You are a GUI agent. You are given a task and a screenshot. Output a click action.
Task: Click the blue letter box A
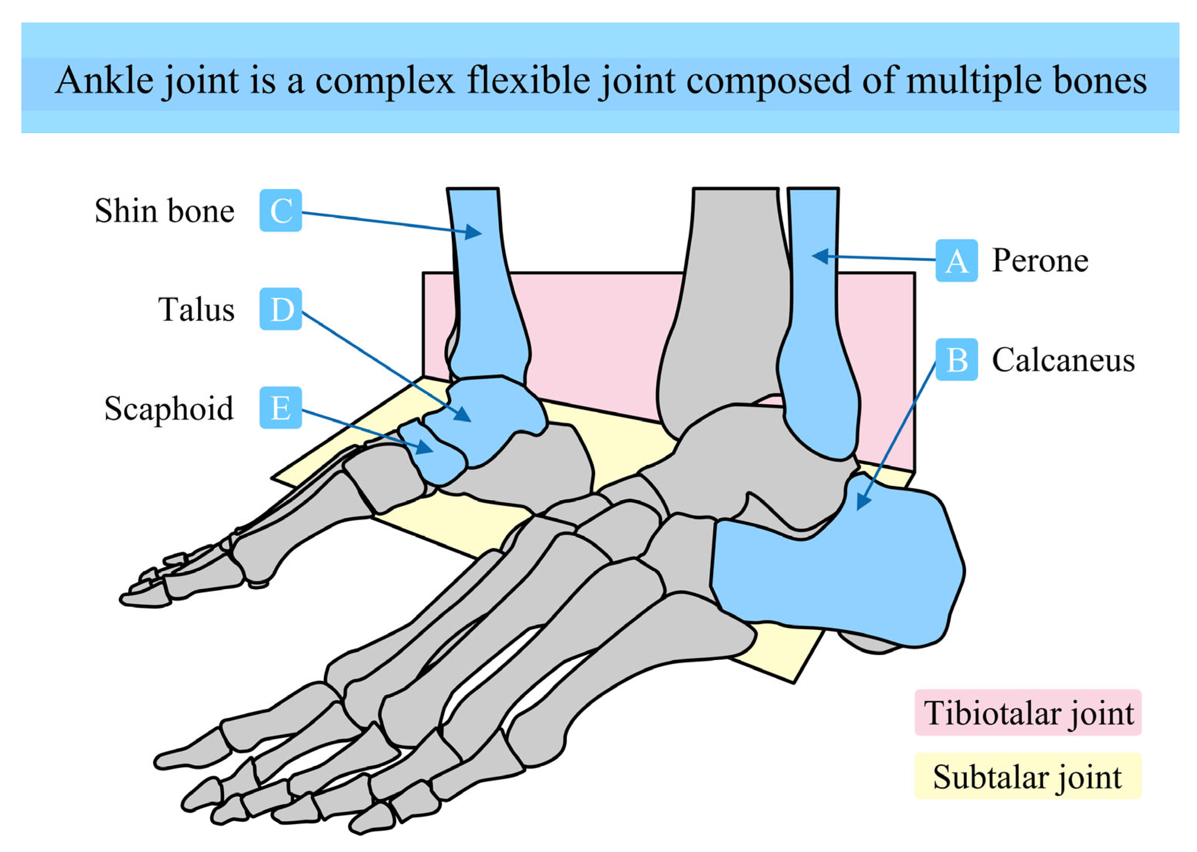coord(956,261)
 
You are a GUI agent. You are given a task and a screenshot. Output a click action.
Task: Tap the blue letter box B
coord(956,360)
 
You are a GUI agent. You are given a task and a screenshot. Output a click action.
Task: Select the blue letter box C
coord(281,210)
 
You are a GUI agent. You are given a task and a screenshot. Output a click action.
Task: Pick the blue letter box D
coord(281,309)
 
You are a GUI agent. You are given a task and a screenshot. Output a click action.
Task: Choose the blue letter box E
coord(281,408)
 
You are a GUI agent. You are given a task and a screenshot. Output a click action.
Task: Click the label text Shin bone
coord(164,211)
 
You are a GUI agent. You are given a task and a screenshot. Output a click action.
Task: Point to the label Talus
coord(196,310)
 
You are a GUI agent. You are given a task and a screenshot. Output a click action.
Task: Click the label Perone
coord(1040,261)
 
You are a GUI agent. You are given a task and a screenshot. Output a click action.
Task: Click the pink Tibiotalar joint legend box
coord(1027,713)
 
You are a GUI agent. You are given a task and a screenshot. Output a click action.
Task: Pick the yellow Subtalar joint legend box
coord(1027,777)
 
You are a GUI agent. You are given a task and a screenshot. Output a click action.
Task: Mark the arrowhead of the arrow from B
coord(861,504)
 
